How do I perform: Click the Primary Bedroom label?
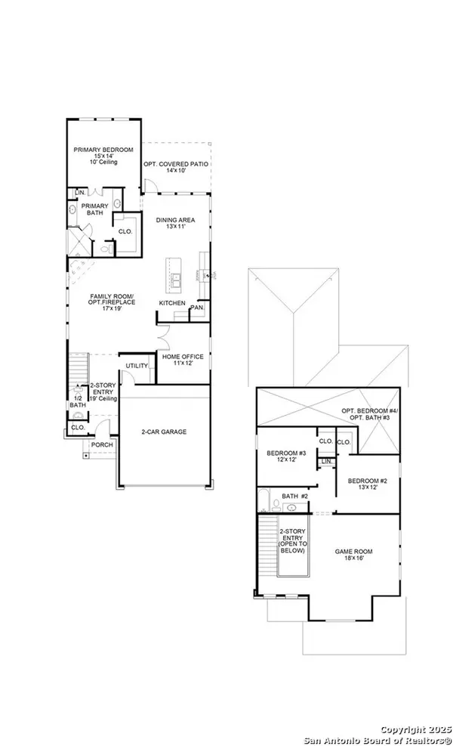click(x=103, y=150)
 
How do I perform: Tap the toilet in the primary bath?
click(x=106, y=248)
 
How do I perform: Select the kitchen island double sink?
click(x=176, y=280)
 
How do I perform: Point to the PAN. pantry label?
click(x=197, y=308)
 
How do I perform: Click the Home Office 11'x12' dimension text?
click(x=183, y=363)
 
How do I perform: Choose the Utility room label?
click(x=137, y=366)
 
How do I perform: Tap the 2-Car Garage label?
click(x=164, y=432)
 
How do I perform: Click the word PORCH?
click(x=102, y=445)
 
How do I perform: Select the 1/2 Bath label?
click(x=78, y=401)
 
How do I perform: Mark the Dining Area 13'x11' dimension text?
click(x=175, y=227)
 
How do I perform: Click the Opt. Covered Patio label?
click(x=176, y=164)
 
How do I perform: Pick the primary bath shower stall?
click(x=79, y=243)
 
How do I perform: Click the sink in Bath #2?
click(x=292, y=508)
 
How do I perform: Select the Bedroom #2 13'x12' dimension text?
click(x=368, y=488)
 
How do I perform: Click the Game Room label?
click(x=353, y=552)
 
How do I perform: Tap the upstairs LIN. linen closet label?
click(x=327, y=462)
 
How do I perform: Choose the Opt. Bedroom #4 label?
click(x=370, y=410)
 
